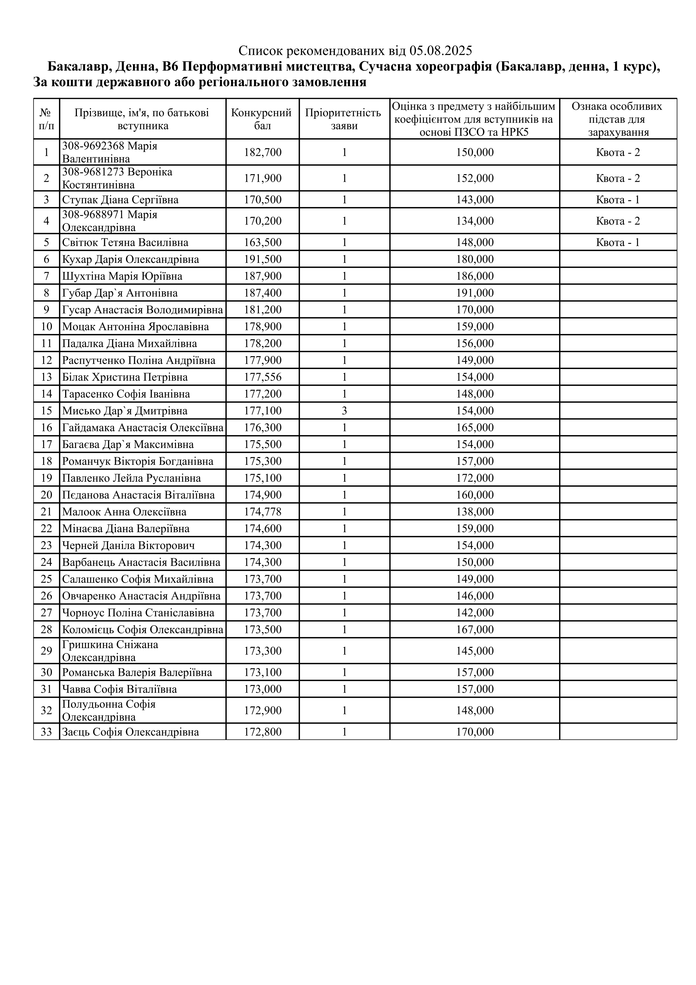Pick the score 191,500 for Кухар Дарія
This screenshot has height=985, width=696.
point(263,259)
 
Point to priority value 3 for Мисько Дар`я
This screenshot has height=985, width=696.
point(344,411)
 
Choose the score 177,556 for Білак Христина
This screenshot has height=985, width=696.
point(263,377)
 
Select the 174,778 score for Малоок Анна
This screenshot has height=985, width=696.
point(263,512)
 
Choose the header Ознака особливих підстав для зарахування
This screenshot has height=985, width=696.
point(618,119)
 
